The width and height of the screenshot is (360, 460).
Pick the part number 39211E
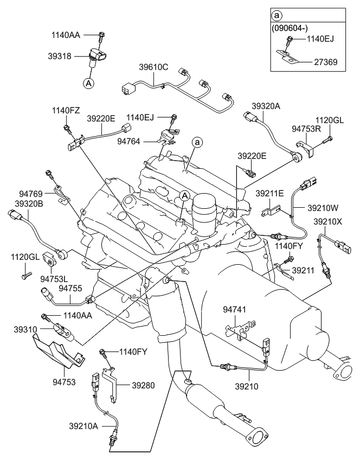(269, 193)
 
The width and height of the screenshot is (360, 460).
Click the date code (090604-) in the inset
(294, 26)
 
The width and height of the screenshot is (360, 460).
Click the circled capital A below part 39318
(88, 83)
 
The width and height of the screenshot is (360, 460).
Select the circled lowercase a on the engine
(198, 142)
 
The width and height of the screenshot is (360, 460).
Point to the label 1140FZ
(66, 110)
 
